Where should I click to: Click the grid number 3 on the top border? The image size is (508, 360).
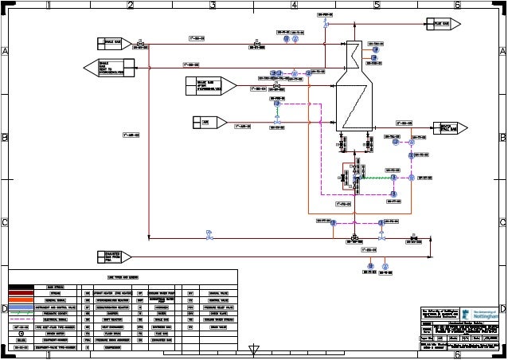click(x=213, y=6)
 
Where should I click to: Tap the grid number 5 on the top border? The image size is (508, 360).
click(x=376, y=6)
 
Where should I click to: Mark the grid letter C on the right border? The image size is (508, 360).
click(x=502, y=222)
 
